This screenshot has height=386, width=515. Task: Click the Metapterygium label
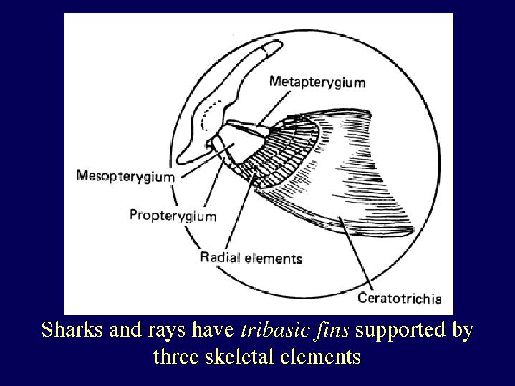point(317,82)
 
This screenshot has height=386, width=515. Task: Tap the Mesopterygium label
point(125,176)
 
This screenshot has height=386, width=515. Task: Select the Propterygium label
point(173,216)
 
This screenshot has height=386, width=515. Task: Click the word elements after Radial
point(274,259)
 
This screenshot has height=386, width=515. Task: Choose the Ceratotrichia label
point(400,299)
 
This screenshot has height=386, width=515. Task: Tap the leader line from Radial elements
point(241,211)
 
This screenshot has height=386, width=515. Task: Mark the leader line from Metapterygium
point(274,108)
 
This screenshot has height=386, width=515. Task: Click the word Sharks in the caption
point(72,329)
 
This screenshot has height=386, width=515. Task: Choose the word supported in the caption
point(400,331)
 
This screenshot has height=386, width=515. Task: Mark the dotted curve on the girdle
point(208,115)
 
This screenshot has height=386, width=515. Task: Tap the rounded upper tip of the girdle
point(274,45)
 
